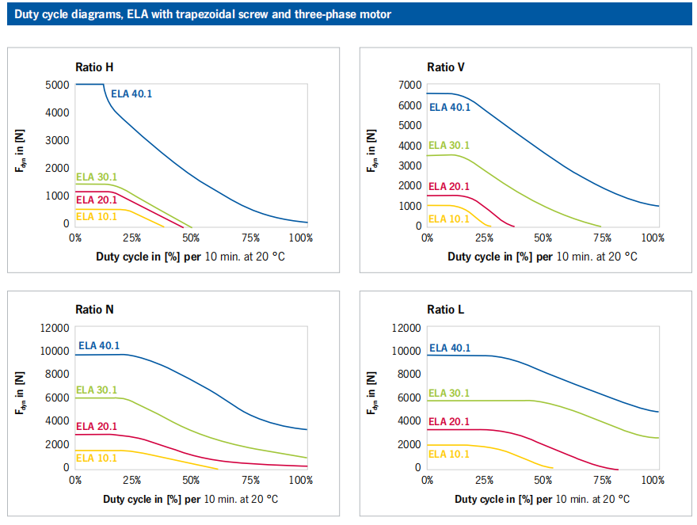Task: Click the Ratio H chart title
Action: (100, 67)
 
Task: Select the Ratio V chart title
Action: (446, 67)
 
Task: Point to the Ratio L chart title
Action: (445, 309)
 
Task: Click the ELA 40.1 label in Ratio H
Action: (131, 93)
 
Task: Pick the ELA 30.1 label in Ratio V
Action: (449, 145)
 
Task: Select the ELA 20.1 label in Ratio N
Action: (97, 426)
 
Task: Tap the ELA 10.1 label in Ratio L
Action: (449, 454)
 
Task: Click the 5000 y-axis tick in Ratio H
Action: (58, 85)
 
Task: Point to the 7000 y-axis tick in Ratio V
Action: (409, 85)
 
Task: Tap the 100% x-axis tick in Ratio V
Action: (652, 238)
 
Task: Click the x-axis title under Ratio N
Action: (190, 499)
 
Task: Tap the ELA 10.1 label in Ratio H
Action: (97, 216)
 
